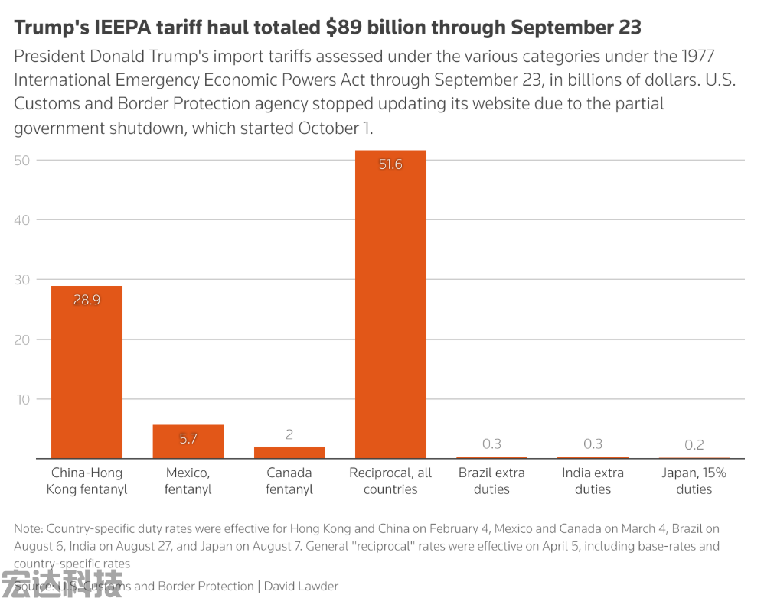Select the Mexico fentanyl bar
pyautogui.click(x=188, y=442)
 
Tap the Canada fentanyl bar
pyautogui.click(x=289, y=453)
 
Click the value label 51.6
pyautogui.click(x=390, y=164)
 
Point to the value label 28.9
pyautogui.click(x=87, y=300)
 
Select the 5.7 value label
pyautogui.click(x=188, y=439)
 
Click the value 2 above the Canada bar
pyautogui.click(x=289, y=434)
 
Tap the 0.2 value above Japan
pyautogui.click(x=694, y=444)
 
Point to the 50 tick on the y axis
pyautogui.click(x=22, y=161)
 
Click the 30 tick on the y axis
pyautogui.click(x=22, y=280)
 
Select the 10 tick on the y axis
pyautogui.click(x=22, y=399)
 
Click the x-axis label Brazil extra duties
pyautogui.click(x=491, y=481)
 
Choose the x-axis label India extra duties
pyautogui.click(x=593, y=481)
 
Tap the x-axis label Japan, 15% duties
pyautogui.click(x=694, y=481)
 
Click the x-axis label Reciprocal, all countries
pyautogui.click(x=390, y=481)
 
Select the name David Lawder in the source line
pyautogui.click(x=301, y=587)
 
